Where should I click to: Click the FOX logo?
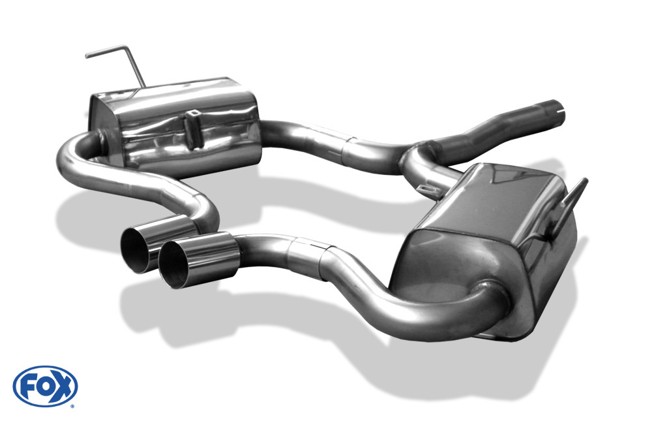46,386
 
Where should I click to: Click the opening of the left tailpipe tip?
136,251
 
